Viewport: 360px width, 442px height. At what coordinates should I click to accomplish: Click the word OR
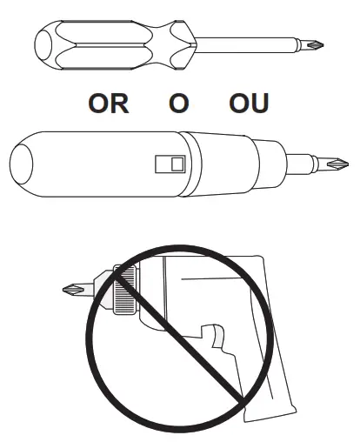coord(109,104)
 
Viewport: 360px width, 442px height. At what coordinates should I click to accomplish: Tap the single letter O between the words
coord(178,104)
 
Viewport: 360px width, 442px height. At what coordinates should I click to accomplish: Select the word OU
coord(249,104)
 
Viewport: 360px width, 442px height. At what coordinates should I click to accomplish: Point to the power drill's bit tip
coord(77,288)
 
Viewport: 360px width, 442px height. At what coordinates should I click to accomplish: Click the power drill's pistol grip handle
coord(261,365)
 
